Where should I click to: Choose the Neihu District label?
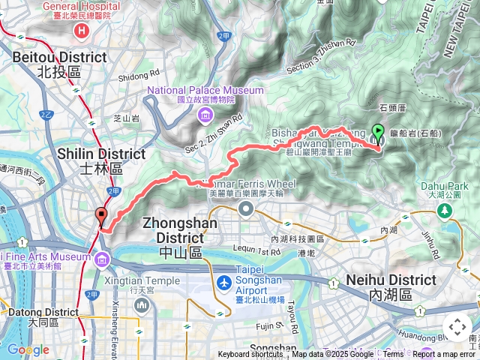pyautogui.click(x=391, y=280)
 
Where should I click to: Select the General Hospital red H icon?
pyautogui.click(x=82, y=31)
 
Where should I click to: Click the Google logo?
pyautogui.click(x=27, y=349)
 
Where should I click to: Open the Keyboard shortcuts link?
pyautogui.click(x=250, y=355)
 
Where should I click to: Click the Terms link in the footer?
pyautogui.click(x=393, y=355)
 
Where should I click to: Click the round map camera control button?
pyautogui.click(x=457, y=327)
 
